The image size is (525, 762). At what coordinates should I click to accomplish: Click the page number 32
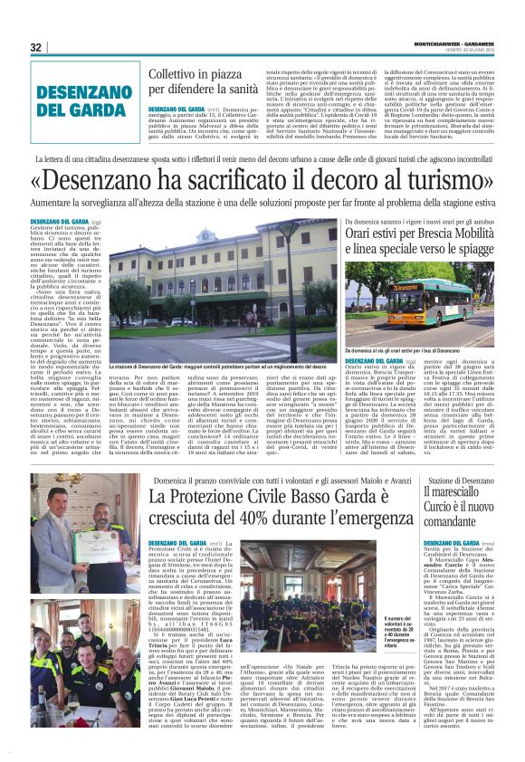37,48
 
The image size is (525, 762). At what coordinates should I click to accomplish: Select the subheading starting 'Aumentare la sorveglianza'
262,205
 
